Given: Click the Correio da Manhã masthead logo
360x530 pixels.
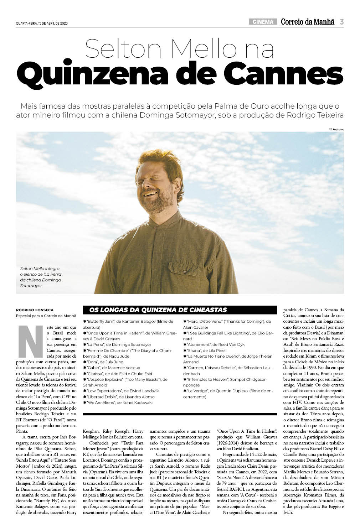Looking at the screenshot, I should point(308,22).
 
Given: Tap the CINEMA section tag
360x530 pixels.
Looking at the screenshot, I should point(263,22).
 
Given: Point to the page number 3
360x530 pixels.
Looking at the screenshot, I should point(341,22).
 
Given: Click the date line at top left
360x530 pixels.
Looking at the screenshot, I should point(42,24).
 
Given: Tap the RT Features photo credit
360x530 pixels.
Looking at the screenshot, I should point(336,129).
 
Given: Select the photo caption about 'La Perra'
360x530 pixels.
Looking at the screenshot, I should point(41,277).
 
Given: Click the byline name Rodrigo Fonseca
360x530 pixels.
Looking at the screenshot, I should point(35,310).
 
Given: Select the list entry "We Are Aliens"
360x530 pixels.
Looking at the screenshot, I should point(118,402).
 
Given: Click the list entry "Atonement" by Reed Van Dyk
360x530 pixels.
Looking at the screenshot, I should point(214,344).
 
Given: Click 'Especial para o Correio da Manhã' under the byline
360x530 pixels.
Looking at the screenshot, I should point(46,316).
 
